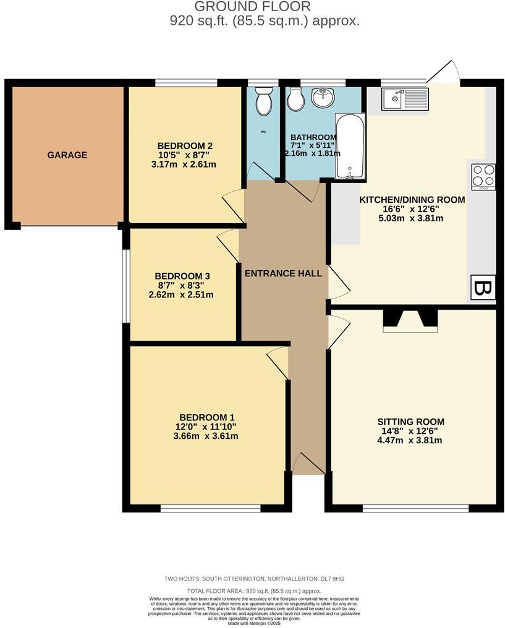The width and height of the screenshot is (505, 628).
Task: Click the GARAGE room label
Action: point(67,155)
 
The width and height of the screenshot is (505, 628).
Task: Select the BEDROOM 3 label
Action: point(179,276)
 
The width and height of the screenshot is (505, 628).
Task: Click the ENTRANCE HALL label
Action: point(284,273)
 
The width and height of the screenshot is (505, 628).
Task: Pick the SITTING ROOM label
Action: point(410,422)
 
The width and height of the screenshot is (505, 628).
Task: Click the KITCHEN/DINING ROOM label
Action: point(412,200)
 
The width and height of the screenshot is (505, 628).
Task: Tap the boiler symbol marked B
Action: point(483,287)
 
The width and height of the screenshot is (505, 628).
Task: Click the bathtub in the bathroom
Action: point(349,146)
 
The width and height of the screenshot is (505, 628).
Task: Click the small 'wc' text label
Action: point(263,132)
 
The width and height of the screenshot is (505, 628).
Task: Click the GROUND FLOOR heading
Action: point(252,7)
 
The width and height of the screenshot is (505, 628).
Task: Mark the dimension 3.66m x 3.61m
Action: point(206,436)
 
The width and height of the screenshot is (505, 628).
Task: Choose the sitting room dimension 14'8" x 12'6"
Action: point(410,431)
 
